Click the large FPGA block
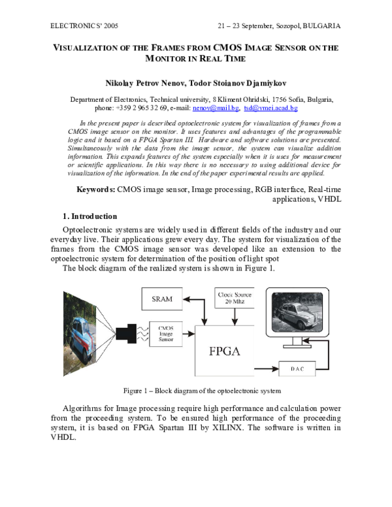(224, 350)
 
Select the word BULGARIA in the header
(321, 26)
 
